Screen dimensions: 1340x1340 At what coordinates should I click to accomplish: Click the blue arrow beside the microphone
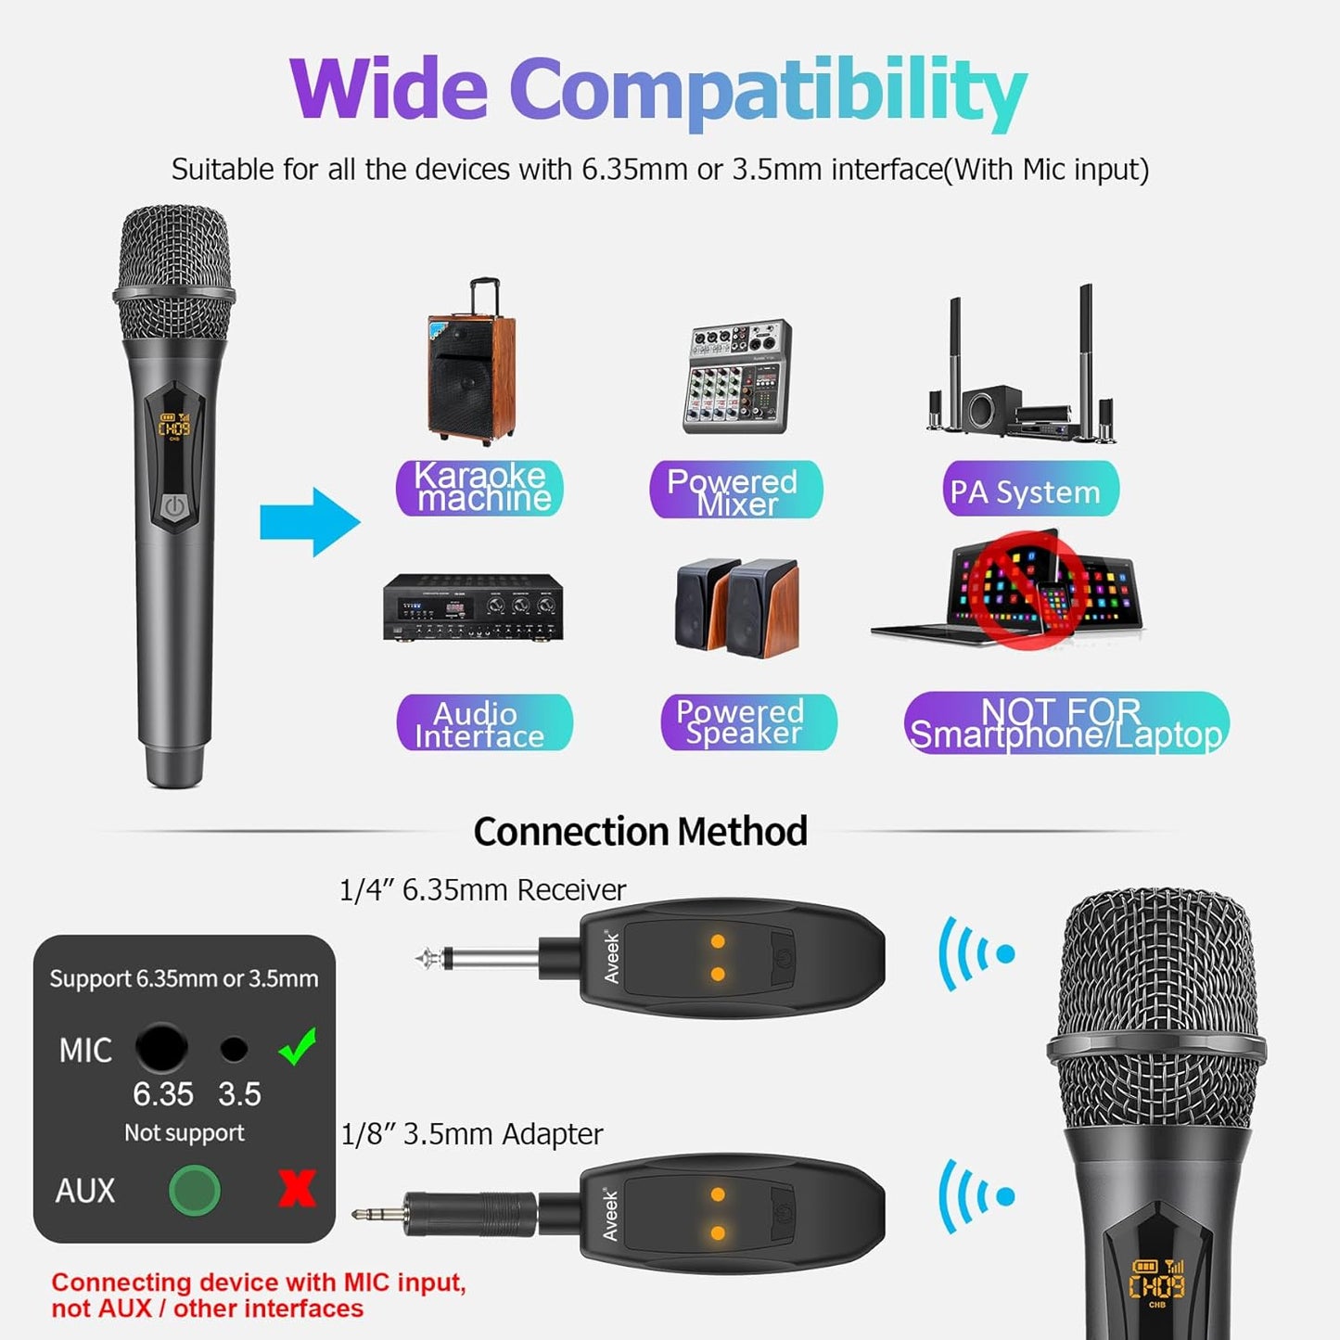[x=309, y=521]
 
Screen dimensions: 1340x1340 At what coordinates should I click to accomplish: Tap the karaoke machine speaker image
[x=470, y=365]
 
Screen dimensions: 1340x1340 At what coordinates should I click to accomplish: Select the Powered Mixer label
[x=734, y=490]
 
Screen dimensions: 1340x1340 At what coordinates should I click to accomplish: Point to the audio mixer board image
[x=736, y=376]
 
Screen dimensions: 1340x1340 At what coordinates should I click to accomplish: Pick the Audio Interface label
[x=483, y=722]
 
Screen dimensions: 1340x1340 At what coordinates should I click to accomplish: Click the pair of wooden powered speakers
[x=737, y=607]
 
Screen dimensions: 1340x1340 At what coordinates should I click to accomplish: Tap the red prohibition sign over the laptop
[x=1028, y=591]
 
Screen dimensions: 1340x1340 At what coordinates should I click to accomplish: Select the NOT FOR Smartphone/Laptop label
[x=1066, y=722]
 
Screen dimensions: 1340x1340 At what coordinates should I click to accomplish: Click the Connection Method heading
[x=640, y=831]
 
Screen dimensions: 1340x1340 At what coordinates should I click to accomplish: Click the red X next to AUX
[x=297, y=1188]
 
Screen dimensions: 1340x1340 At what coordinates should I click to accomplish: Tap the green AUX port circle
[x=195, y=1190]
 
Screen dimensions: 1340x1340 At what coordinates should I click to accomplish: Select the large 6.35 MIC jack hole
[x=161, y=1048]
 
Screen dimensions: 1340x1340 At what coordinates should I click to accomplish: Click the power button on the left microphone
[x=174, y=506]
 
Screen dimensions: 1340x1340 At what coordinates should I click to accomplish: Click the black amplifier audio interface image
[x=473, y=607]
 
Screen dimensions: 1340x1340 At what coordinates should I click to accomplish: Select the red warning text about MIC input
[x=259, y=1295]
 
